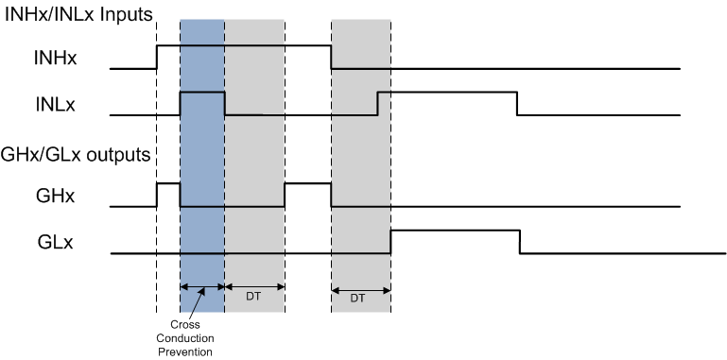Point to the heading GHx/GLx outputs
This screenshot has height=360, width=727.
[79, 154]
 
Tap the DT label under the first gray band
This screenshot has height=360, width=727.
[254, 296]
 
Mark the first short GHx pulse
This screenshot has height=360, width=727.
[168, 184]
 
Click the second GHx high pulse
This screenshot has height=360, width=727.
[308, 184]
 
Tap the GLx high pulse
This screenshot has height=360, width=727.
[455, 231]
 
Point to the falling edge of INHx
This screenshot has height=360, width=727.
[331, 57]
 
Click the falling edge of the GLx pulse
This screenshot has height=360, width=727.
[520, 242]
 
